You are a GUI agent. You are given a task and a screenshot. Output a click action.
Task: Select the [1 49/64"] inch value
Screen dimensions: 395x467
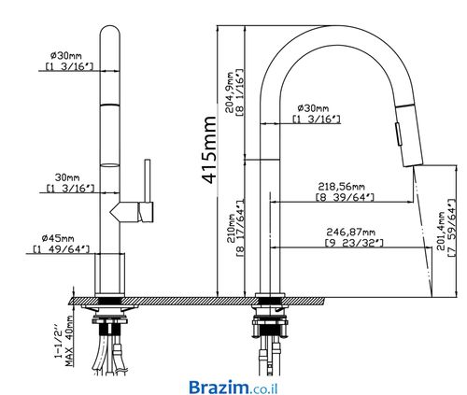[61, 249]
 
